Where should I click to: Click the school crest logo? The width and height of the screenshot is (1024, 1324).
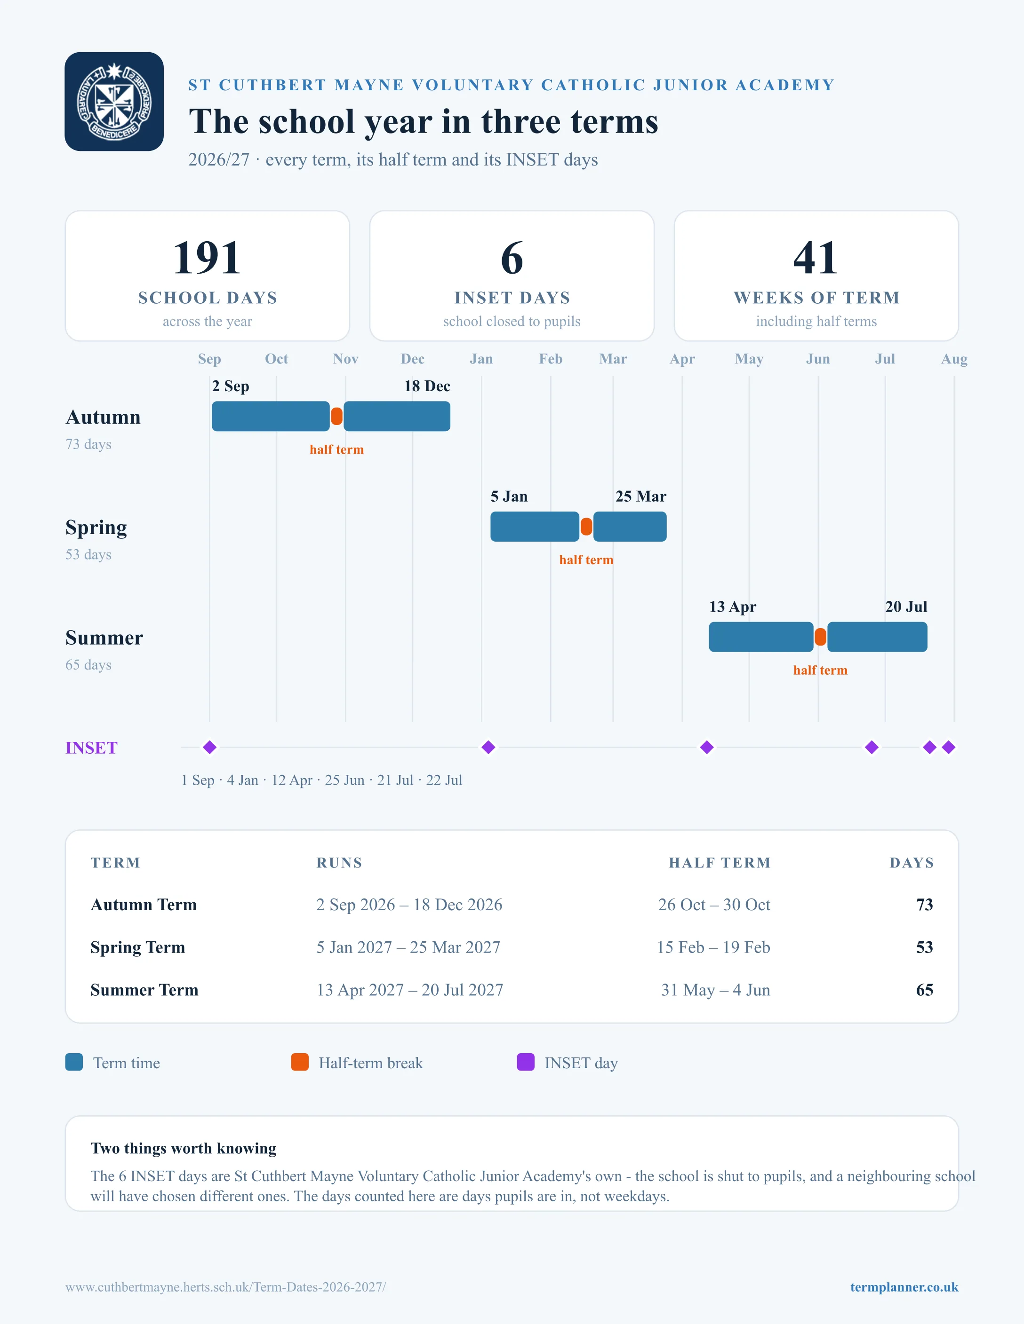point(114,101)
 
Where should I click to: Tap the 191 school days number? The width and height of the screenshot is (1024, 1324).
point(207,258)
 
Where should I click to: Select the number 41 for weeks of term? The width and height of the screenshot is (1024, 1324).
point(816,258)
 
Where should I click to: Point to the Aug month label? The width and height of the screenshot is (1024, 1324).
point(953,359)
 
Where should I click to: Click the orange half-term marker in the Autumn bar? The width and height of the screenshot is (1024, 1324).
point(336,417)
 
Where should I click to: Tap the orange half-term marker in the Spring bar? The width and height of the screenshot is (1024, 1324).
point(586,527)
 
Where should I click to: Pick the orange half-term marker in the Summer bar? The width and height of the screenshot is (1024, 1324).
point(820,637)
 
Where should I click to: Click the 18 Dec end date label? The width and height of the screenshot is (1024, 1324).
point(427,386)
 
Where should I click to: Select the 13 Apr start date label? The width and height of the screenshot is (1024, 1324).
point(733,607)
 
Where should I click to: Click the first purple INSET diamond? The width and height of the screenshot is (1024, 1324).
point(210,748)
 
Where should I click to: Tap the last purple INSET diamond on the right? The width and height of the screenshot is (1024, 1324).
point(949,748)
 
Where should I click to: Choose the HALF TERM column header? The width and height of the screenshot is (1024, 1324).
point(720,863)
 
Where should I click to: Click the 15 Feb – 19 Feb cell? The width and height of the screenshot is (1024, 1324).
point(713,947)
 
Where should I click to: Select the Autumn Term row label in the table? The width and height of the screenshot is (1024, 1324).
point(144,905)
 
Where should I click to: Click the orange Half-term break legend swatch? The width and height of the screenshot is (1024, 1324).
point(300,1062)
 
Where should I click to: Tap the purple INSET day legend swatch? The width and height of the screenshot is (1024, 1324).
point(525,1062)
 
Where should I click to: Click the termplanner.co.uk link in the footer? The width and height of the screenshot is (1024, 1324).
point(904,1287)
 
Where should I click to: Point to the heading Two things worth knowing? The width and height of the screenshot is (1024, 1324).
point(183,1148)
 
